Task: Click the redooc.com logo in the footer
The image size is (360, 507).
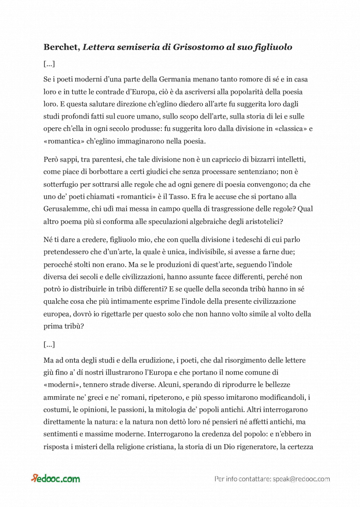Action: (x=56, y=479)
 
